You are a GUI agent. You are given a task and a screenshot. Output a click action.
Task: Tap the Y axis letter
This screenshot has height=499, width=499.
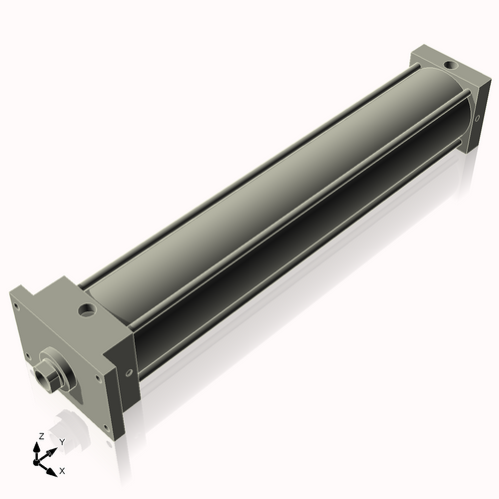click(x=61, y=441)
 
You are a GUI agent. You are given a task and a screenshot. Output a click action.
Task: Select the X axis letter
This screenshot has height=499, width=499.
click(x=62, y=468)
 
